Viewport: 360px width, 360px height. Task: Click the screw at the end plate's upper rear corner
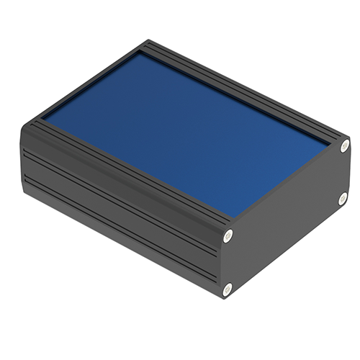(344, 146)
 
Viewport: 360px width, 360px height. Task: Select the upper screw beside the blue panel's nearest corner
(228, 234)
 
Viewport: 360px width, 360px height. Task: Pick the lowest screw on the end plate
(228, 289)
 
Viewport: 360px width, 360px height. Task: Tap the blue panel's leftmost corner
(42, 117)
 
